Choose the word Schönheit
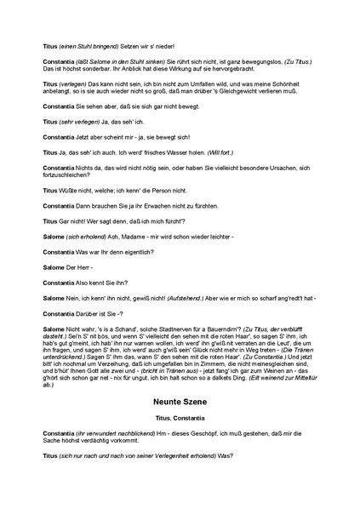click(x=292, y=89)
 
